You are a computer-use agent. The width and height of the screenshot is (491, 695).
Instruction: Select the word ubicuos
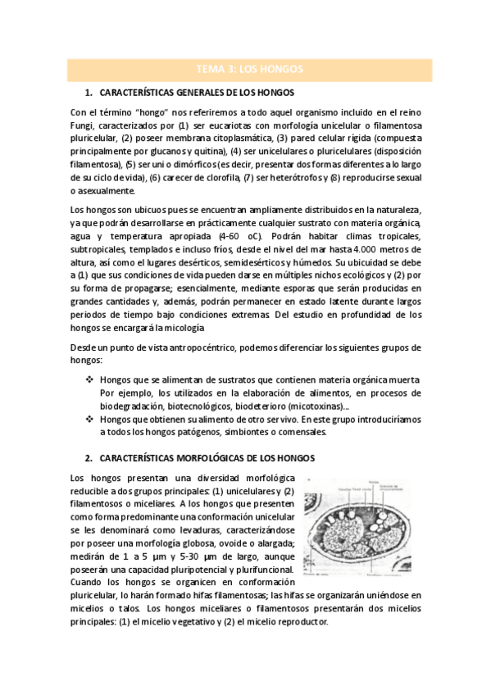[x=137, y=210]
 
